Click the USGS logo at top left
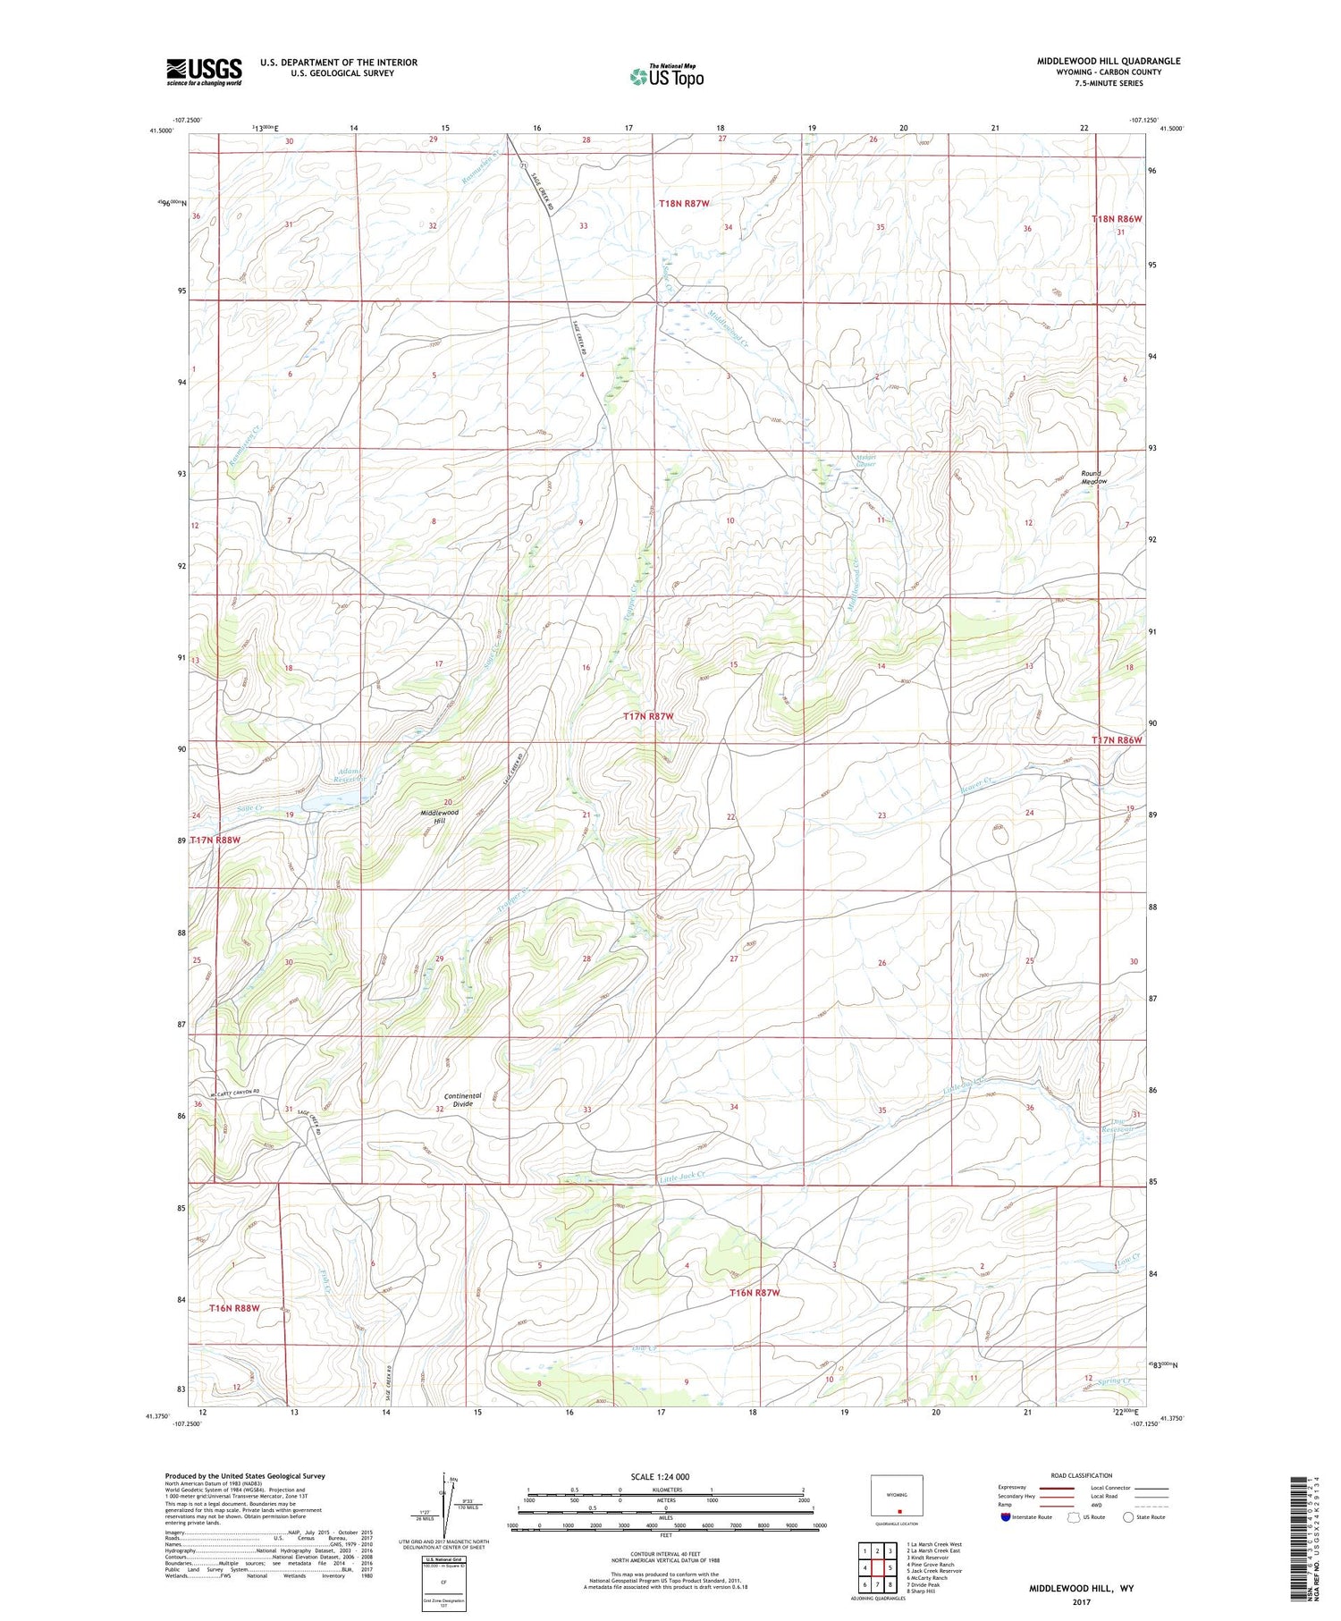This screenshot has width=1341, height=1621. tap(204, 72)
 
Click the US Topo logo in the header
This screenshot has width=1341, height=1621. tap(666, 77)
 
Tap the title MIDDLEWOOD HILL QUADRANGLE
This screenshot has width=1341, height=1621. tap(1108, 61)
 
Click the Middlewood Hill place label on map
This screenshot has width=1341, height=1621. tap(440, 816)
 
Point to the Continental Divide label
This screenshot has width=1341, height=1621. tap(462, 1100)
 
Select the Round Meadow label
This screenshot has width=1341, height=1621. tap(1093, 477)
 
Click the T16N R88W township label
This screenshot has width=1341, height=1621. tap(235, 1308)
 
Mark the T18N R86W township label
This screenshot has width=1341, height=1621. tap(1117, 219)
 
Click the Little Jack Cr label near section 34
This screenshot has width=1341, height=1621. tap(683, 1178)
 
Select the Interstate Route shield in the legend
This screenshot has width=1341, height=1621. tap(1006, 1516)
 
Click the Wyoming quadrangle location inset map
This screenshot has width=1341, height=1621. tap(897, 1496)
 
